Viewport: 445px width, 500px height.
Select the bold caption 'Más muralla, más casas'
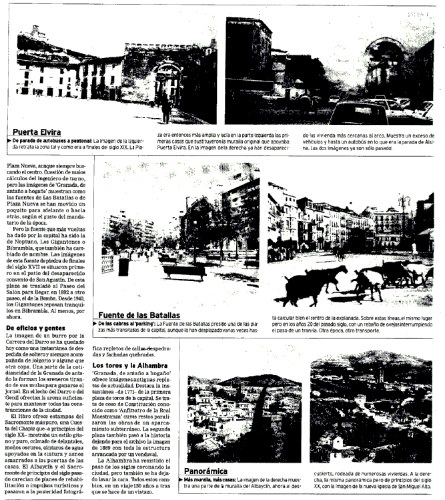click(211, 480)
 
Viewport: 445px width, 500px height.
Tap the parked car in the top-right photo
click(360, 111)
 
